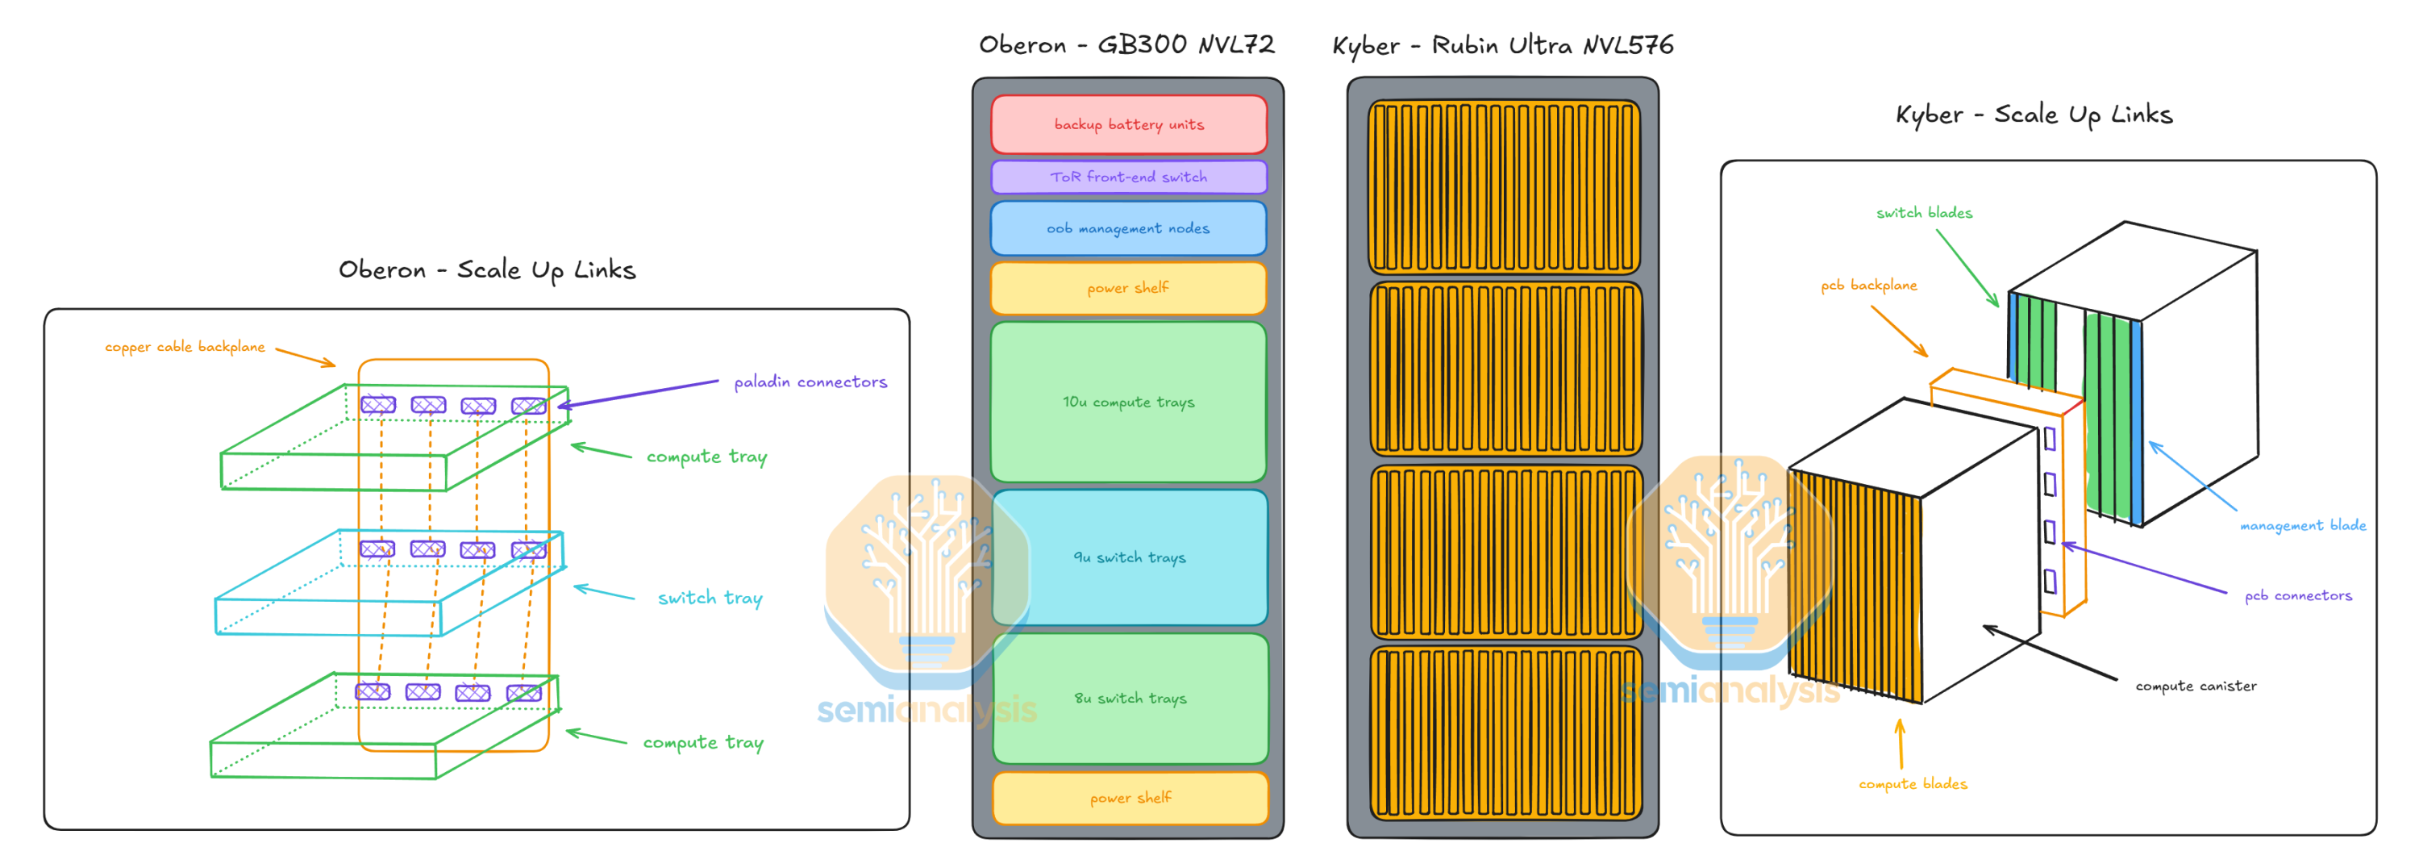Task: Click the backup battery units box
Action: click(1129, 124)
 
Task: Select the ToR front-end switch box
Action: click(1129, 177)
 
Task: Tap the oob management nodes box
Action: click(1129, 228)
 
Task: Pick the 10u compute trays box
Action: click(1129, 402)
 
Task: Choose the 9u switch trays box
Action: click(1130, 557)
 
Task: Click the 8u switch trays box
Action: click(1130, 698)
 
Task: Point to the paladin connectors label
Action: click(810, 382)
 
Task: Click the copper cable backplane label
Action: click(185, 347)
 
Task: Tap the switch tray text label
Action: click(710, 598)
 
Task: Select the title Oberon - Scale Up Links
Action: click(487, 269)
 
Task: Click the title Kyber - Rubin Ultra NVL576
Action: click(1502, 45)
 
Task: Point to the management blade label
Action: click(2303, 525)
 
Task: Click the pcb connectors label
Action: click(2298, 595)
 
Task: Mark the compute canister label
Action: click(2196, 686)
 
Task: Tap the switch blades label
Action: click(1924, 212)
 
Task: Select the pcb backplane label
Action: click(1869, 285)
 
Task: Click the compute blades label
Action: click(1913, 783)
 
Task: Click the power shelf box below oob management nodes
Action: click(1129, 287)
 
